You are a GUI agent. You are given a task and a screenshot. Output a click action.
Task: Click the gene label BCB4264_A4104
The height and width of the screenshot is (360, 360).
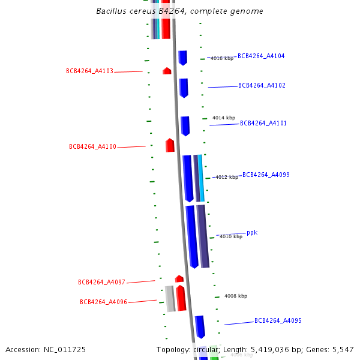pyautogui.click(x=261, y=56)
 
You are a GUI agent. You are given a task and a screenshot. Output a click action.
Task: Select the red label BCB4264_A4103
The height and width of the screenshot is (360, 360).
pyautogui.click(x=89, y=71)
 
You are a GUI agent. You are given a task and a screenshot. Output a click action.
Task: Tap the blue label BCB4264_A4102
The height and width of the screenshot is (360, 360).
pyautogui.click(x=262, y=86)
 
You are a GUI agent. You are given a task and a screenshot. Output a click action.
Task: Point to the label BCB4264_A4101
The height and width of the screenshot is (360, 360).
pyautogui.click(x=263, y=124)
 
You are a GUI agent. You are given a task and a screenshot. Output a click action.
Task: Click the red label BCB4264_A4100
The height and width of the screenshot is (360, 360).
pyautogui.click(x=92, y=147)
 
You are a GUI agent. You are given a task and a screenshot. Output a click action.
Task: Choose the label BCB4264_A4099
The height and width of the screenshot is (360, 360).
pyautogui.click(x=266, y=175)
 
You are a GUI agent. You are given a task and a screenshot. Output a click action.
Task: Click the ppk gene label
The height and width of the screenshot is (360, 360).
pyautogui.click(x=252, y=233)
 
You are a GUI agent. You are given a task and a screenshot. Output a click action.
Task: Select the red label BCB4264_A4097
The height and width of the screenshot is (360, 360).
pyautogui.click(x=101, y=283)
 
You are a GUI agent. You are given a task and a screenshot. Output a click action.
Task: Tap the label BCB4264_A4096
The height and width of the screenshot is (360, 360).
pyautogui.click(x=103, y=302)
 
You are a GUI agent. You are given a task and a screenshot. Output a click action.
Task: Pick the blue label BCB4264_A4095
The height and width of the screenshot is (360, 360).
pyautogui.click(x=278, y=321)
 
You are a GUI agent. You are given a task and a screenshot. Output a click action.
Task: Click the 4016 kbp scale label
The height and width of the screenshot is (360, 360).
pyautogui.click(x=221, y=59)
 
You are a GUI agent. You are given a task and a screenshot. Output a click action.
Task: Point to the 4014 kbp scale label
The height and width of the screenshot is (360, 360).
pyautogui.click(x=224, y=118)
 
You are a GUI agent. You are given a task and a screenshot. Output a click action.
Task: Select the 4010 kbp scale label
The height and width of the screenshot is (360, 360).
pyautogui.click(x=231, y=237)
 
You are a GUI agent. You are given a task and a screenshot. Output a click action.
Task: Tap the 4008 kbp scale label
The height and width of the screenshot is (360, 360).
pyautogui.click(x=236, y=296)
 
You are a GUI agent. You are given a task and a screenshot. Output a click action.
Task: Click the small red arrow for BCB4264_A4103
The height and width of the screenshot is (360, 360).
pyautogui.click(x=167, y=71)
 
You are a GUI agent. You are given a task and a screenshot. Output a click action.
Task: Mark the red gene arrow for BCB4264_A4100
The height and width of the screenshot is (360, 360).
pyautogui.click(x=170, y=145)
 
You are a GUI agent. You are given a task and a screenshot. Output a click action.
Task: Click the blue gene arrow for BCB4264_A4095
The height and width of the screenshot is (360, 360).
pyautogui.click(x=200, y=326)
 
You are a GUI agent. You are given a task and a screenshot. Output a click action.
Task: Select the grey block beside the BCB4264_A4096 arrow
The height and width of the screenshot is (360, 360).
pyautogui.click(x=170, y=298)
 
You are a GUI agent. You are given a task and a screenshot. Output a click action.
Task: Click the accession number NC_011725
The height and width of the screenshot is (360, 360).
pyautogui.click(x=46, y=350)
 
